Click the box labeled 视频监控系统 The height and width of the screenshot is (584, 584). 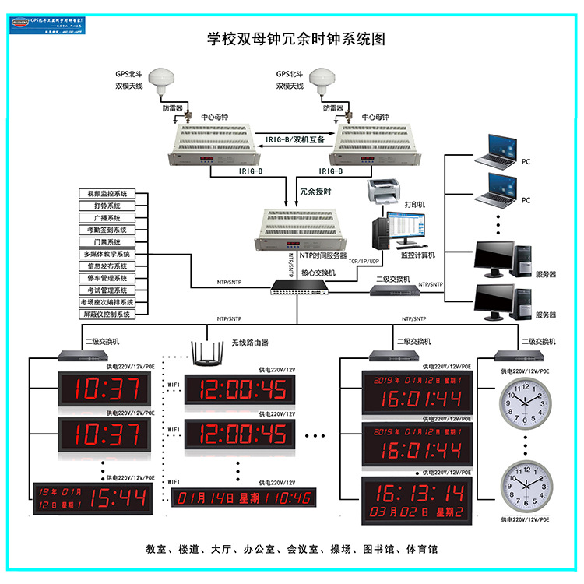click(107, 194)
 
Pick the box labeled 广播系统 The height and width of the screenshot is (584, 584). click(107, 218)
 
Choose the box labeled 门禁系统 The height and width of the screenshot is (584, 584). click(107, 242)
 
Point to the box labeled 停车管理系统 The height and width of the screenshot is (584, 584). click(107, 278)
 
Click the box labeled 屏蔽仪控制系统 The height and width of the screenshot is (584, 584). click(107, 314)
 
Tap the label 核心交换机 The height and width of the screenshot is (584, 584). click(318, 273)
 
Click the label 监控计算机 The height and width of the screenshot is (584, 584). click(418, 255)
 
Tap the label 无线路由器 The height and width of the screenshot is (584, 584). click(250, 342)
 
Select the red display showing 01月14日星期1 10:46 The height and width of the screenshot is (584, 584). click(242, 498)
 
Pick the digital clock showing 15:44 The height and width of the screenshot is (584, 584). click(92, 498)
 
